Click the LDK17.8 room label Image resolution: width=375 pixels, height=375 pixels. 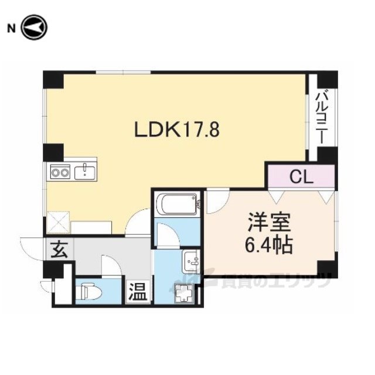pos(177,129)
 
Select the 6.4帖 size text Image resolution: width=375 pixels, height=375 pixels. pos(269,246)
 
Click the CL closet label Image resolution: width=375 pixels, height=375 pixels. pos(301,177)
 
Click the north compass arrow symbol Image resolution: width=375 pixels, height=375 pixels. pos(35,28)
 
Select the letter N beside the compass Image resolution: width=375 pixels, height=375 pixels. pos(11,29)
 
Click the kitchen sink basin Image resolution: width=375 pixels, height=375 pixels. pos(84,173)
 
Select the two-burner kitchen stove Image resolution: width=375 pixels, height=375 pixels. pos(60,172)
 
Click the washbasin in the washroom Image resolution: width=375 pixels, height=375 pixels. pos(190,262)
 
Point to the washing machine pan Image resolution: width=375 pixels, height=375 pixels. pos(183,294)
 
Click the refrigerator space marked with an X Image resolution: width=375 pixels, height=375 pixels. pos(59,222)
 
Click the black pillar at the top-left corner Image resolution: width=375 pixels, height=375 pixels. pos(53,80)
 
